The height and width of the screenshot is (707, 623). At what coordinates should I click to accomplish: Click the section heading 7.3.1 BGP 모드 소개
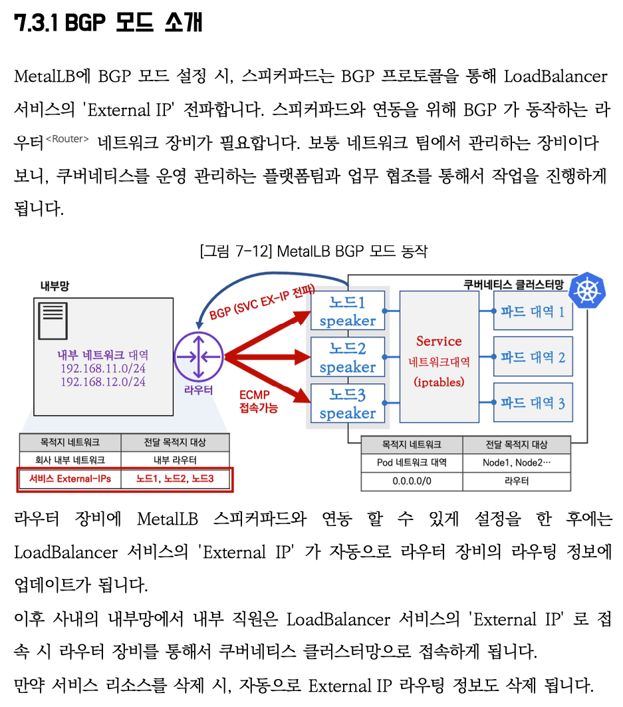click(108, 22)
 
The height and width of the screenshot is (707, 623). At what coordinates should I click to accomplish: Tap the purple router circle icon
click(199, 356)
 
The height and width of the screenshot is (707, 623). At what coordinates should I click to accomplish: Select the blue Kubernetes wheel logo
click(587, 291)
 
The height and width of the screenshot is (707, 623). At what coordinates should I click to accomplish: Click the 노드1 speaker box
click(348, 311)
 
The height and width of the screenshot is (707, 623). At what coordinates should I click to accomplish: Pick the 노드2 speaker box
click(348, 356)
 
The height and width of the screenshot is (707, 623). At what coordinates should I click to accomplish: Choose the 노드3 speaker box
click(348, 403)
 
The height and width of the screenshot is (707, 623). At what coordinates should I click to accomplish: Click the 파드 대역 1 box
click(533, 311)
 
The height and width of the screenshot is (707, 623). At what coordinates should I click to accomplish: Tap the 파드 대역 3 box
click(533, 402)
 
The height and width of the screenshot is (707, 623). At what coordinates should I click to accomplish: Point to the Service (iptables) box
click(439, 356)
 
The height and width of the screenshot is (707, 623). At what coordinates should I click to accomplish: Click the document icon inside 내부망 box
click(53, 321)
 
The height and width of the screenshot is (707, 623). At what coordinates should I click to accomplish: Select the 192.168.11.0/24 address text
click(103, 368)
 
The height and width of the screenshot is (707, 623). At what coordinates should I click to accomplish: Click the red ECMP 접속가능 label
click(258, 401)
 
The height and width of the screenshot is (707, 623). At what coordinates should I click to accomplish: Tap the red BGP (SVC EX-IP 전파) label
click(262, 303)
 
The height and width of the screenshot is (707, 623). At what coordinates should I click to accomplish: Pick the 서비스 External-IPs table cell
click(70, 479)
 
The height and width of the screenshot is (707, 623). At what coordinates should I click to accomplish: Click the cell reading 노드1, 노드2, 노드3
click(175, 479)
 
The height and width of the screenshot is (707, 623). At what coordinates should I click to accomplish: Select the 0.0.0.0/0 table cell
click(412, 481)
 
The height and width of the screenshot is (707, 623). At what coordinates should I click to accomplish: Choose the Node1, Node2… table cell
click(517, 463)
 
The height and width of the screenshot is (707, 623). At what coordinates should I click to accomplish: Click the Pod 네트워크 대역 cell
click(412, 463)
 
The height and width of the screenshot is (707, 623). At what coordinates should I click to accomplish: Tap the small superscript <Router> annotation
click(68, 139)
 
